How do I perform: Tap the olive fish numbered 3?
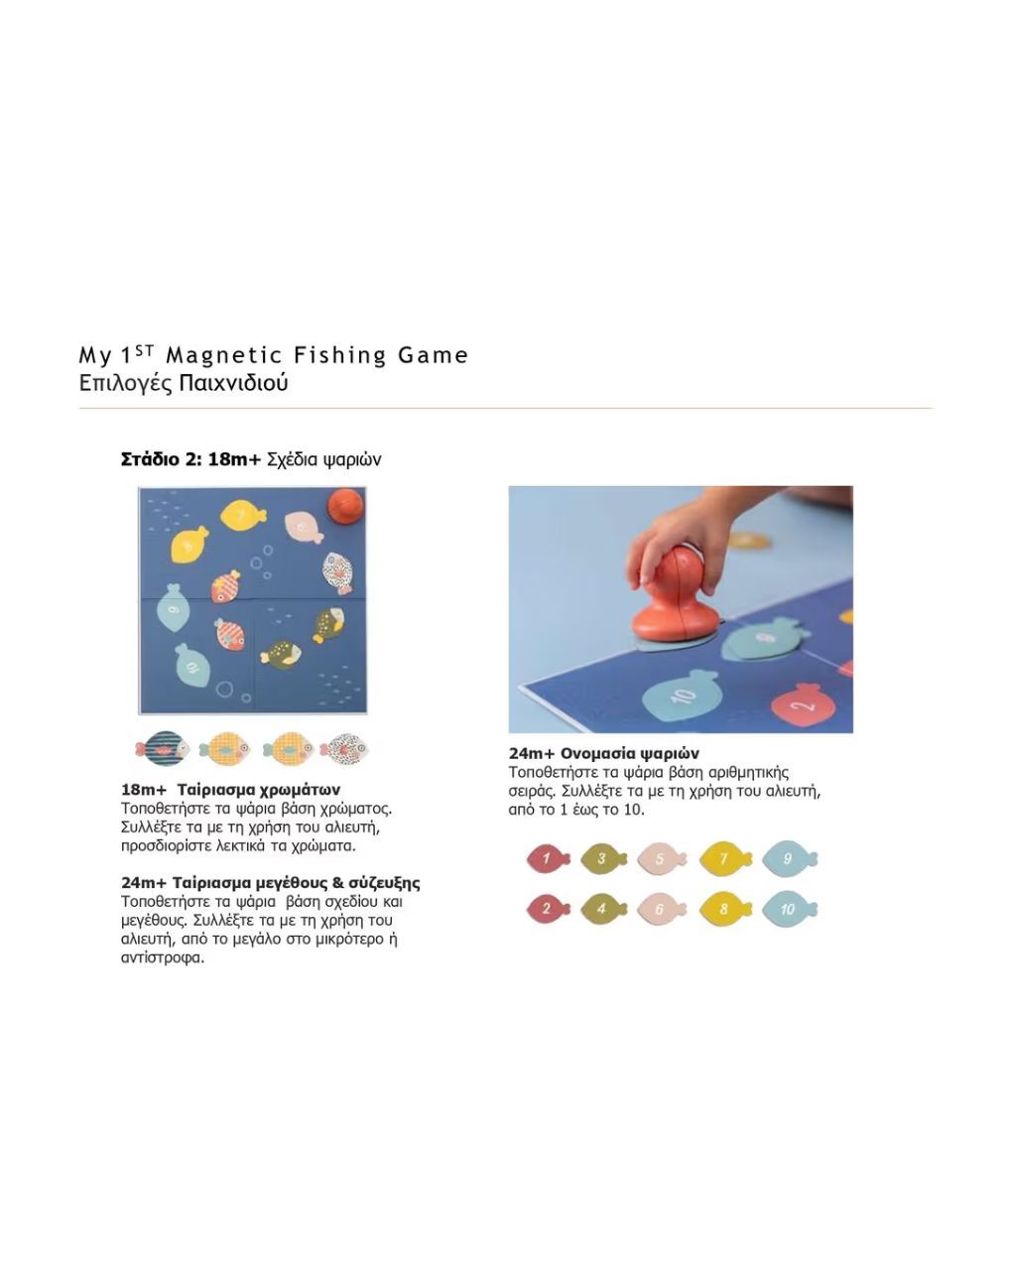pos(602,858)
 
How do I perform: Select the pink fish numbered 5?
pos(661,858)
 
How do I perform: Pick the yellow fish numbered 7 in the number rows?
pos(724,858)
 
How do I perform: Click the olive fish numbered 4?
pos(602,908)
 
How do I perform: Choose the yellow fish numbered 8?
pos(724,908)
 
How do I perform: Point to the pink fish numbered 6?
pos(661,908)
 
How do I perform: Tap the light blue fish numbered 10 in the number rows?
pos(788,908)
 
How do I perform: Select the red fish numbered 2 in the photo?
pos(804,704)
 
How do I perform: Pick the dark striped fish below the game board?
pos(163,749)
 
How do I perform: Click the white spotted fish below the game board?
pos(344,749)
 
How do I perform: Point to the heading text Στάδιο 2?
pos(162,459)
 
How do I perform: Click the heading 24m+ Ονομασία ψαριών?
pos(603,753)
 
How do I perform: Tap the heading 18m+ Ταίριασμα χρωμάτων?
pos(230,791)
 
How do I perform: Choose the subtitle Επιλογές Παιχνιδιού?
pos(184,383)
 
